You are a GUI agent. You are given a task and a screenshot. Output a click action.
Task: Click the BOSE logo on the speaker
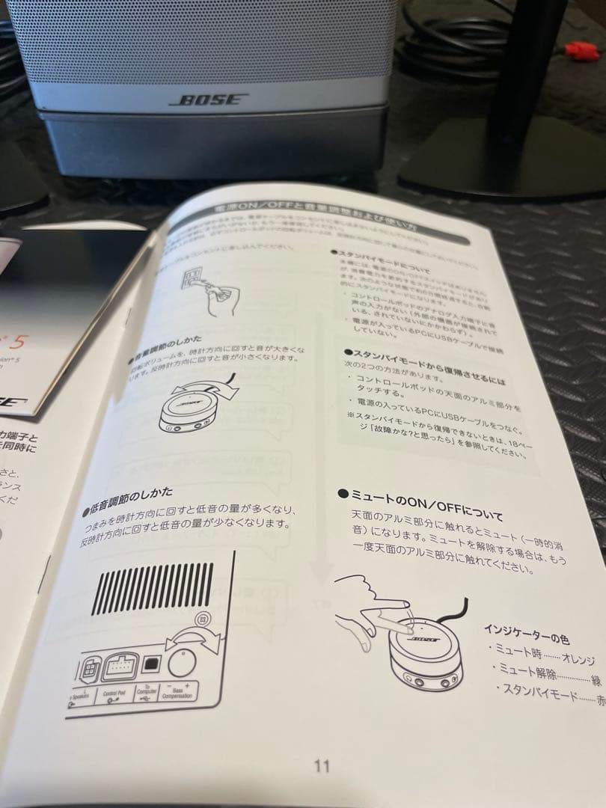click(209, 100)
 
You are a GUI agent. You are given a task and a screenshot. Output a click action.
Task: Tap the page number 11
click(322, 745)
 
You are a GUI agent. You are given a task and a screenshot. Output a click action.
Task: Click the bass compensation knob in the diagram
click(181, 661)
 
